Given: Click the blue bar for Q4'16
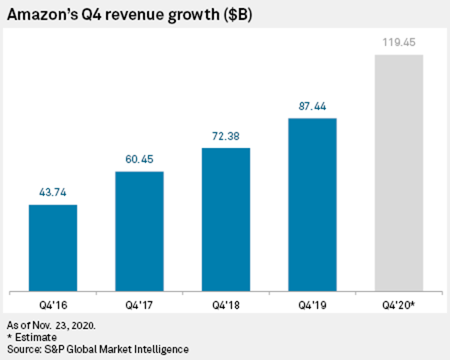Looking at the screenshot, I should coord(53,247).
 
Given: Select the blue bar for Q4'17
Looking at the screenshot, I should coord(139,231).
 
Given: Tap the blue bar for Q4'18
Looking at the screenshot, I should coord(226,219).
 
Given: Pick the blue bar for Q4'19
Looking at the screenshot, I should coord(312,204).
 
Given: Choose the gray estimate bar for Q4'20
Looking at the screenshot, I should coord(399,172).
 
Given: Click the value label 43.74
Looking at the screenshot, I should coord(53,192).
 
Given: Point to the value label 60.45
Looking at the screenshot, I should coord(139,159).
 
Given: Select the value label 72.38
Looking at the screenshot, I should coord(226,135).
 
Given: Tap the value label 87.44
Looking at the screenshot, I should coord(312,106).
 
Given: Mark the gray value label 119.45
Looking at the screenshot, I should coord(399,42).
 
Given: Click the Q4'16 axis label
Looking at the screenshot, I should coord(53,304).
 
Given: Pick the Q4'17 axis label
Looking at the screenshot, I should coord(139,304).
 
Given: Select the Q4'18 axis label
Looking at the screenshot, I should coord(226,304).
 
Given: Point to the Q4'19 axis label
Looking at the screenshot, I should coord(312,304).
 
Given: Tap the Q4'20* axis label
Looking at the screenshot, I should coord(399,304).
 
